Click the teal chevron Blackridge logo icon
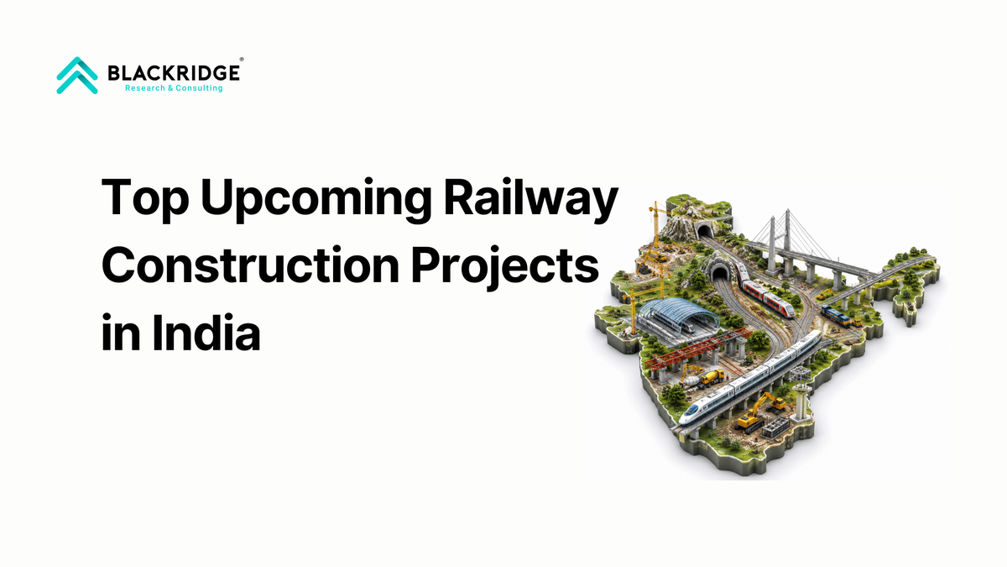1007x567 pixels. click(x=77, y=76)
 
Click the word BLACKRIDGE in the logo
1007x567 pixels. click(x=174, y=73)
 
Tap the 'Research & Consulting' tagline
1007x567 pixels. click(x=174, y=88)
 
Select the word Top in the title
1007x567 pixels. click(x=144, y=198)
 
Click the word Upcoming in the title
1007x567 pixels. click(x=316, y=198)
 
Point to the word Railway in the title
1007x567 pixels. click(x=531, y=198)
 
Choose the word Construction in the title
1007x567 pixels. click(x=250, y=265)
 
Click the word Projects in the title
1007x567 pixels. click(x=505, y=266)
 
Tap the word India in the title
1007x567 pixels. click(x=206, y=333)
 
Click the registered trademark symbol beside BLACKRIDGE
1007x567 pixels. click(x=242, y=59)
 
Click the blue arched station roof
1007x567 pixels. click(x=678, y=311)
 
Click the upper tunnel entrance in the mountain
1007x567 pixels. click(x=704, y=231)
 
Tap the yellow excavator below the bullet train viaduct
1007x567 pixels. click(x=760, y=412)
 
